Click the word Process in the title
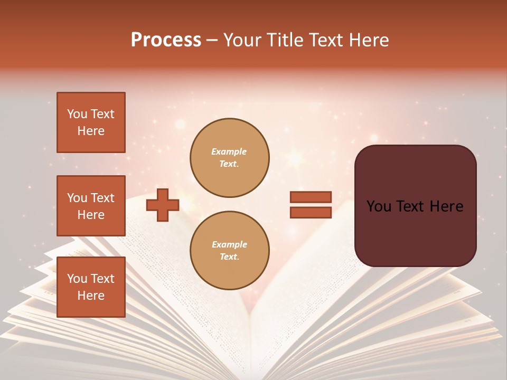[x=166, y=40]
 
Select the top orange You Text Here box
[x=91, y=122]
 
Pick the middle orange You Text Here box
[x=91, y=206]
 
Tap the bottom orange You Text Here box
[x=91, y=287]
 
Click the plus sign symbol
[x=163, y=205]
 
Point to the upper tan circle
[x=229, y=158]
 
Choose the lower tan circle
[x=229, y=251]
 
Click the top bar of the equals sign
[x=311, y=197]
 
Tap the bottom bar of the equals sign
[x=311, y=212]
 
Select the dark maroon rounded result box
[x=415, y=206]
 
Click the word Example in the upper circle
[x=229, y=152]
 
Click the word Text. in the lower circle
[x=229, y=257]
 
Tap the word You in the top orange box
[x=77, y=114]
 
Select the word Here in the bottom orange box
[x=91, y=296]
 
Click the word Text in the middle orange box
[x=102, y=198]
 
